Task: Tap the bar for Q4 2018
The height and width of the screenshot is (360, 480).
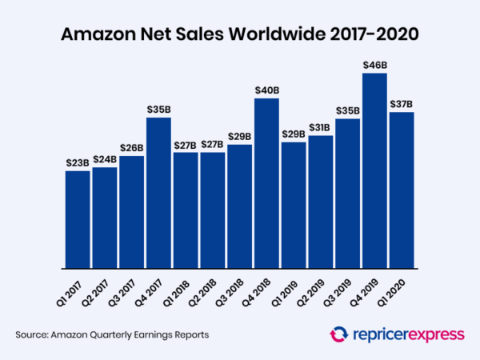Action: click(x=267, y=183)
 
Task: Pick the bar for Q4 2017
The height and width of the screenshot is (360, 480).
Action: click(x=158, y=193)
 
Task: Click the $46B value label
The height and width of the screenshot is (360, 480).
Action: click(x=374, y=64)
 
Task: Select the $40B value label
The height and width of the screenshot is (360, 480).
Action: click(x=267, y=90)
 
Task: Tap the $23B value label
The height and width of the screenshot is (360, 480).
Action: click(x=78, y=162)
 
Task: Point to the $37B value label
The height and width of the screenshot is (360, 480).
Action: click(x=402, y=103)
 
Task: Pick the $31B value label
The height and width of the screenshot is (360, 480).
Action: click(x=321, y=126)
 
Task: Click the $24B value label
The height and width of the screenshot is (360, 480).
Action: click(x=105, y=158)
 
